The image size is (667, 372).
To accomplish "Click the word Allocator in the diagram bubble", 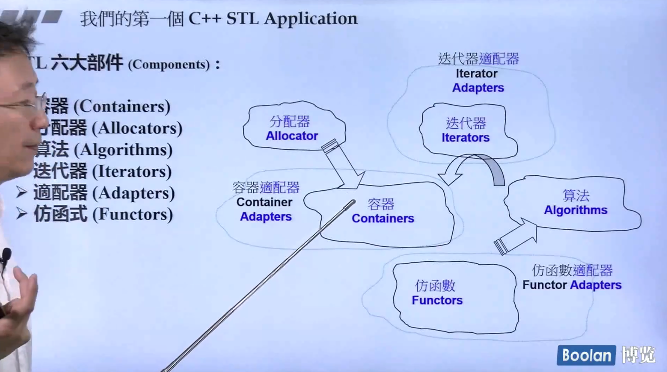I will (x=292, y=136).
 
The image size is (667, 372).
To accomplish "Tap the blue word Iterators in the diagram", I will (x=465, y=138).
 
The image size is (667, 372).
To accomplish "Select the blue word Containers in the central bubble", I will (x=383, y=218).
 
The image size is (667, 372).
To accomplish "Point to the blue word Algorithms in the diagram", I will (x=576, y=210).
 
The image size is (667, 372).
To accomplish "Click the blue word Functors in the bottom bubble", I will (x=437, y=300).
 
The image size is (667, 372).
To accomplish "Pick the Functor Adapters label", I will (x=572, y=285).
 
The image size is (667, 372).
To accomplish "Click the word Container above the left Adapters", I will (x=264, y=202).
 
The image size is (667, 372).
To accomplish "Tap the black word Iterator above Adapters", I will (x=476, y=74).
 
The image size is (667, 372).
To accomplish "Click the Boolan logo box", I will (x=586, y=355).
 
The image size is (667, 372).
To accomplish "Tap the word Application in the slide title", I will (x=311, y=19).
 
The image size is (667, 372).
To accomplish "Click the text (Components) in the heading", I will (x=169, y=65).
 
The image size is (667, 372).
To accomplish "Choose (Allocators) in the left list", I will (x=137, y=128).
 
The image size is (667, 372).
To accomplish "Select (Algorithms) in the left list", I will (x=123, y=150).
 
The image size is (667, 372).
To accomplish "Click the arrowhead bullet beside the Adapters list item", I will (x=21, y=192).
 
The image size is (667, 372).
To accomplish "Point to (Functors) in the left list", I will (x=133, y=215).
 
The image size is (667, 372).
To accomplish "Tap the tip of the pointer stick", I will (x=353, y=202).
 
